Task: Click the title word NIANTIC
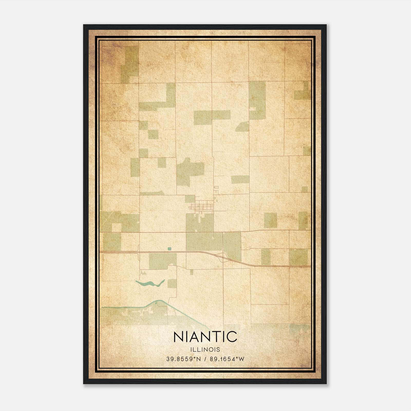205,337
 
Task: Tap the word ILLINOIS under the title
205,350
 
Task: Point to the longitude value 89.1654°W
227,359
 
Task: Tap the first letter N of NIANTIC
179,337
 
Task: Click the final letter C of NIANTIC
232,337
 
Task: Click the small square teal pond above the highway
169,249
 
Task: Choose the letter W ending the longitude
241,359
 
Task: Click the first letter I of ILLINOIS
191,350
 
